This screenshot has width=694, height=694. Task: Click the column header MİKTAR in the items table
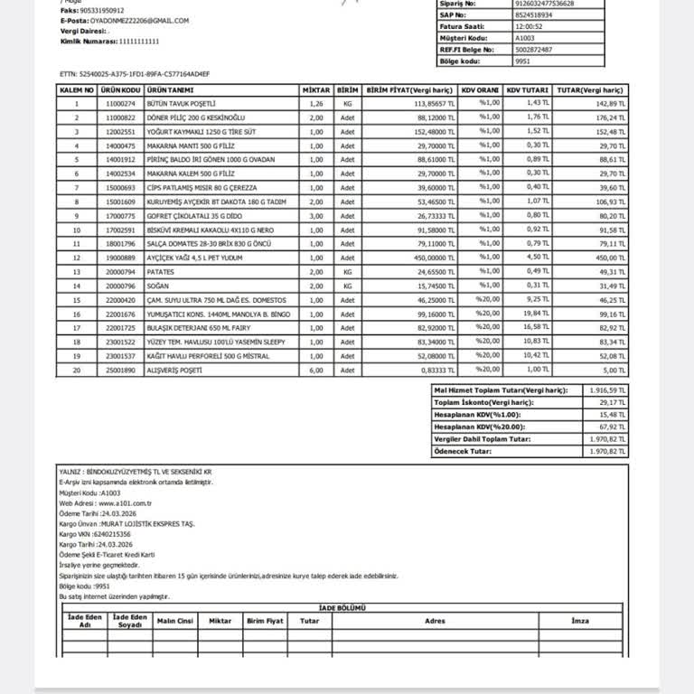315,90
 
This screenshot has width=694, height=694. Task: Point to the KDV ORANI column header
479,90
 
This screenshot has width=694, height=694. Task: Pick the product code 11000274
120,104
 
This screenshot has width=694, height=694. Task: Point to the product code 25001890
120,370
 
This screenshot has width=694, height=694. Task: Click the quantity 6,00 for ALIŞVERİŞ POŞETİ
315,370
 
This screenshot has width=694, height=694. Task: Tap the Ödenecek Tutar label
464,451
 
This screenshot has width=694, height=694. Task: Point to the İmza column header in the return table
580,621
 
